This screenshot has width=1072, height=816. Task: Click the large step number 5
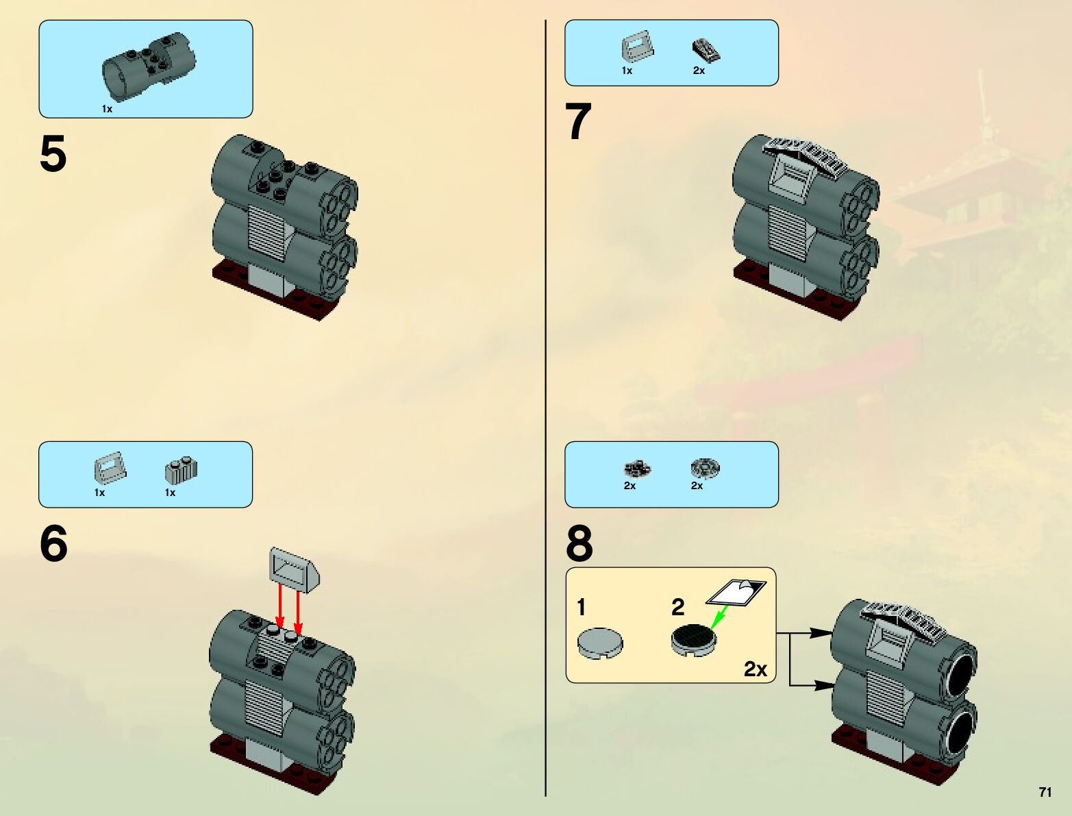click(53, 153)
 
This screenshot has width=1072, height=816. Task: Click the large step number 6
click(53, 543)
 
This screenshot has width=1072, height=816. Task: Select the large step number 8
click(579, 543)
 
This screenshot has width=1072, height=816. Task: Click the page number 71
click(1045, 792)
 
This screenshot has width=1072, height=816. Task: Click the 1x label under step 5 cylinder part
click(107, 109)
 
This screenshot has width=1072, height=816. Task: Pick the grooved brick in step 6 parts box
click(181, 470)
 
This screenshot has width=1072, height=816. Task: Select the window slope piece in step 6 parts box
click(110, 467)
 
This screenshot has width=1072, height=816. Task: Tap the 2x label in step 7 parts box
click(699, 71)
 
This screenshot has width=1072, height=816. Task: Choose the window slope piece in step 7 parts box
click(638, 46)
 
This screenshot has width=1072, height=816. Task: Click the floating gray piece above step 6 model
click(295, 570)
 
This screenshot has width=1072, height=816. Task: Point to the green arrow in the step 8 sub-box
click(719, 617)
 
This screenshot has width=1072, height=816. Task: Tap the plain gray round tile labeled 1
click(600, 643)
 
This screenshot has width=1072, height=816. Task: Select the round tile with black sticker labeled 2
click(693, 640)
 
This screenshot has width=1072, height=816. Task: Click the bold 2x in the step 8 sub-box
click(756, 669)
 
